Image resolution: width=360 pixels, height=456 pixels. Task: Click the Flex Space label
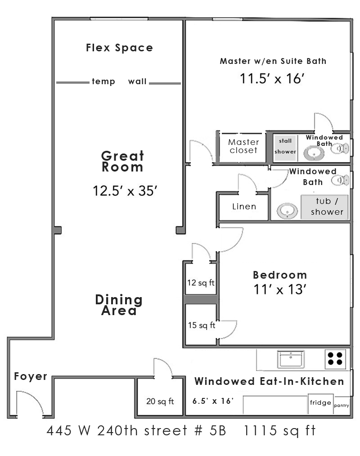[119, 48]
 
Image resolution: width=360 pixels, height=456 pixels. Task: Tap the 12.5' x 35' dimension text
[125, 191]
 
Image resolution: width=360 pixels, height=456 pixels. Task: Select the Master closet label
[243, 146]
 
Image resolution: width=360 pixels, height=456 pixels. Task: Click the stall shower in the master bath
[285, 148]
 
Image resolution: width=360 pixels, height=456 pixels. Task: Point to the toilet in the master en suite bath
[340, 149]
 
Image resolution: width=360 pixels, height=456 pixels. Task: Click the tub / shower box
[324, 207]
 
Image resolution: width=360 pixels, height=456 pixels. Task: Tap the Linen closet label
[244, 207]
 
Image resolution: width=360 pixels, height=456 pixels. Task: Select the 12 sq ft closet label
[201, 283]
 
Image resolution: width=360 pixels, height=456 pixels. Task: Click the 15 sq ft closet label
[202, 325]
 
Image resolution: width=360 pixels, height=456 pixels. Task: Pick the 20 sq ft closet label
[160, 402]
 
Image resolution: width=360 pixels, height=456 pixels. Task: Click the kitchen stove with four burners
[335, 359]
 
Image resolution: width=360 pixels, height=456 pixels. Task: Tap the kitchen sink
[291, 359]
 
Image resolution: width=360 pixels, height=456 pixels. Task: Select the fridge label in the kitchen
[320, 403]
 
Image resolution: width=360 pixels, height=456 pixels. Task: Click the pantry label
[342, 406]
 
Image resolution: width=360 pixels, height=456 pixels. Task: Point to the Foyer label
[31, 376]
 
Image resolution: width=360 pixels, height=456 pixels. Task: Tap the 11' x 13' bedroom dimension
[280, 289]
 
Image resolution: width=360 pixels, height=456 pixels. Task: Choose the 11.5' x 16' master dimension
[272, 78]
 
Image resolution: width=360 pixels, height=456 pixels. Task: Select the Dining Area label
[119, 305]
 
